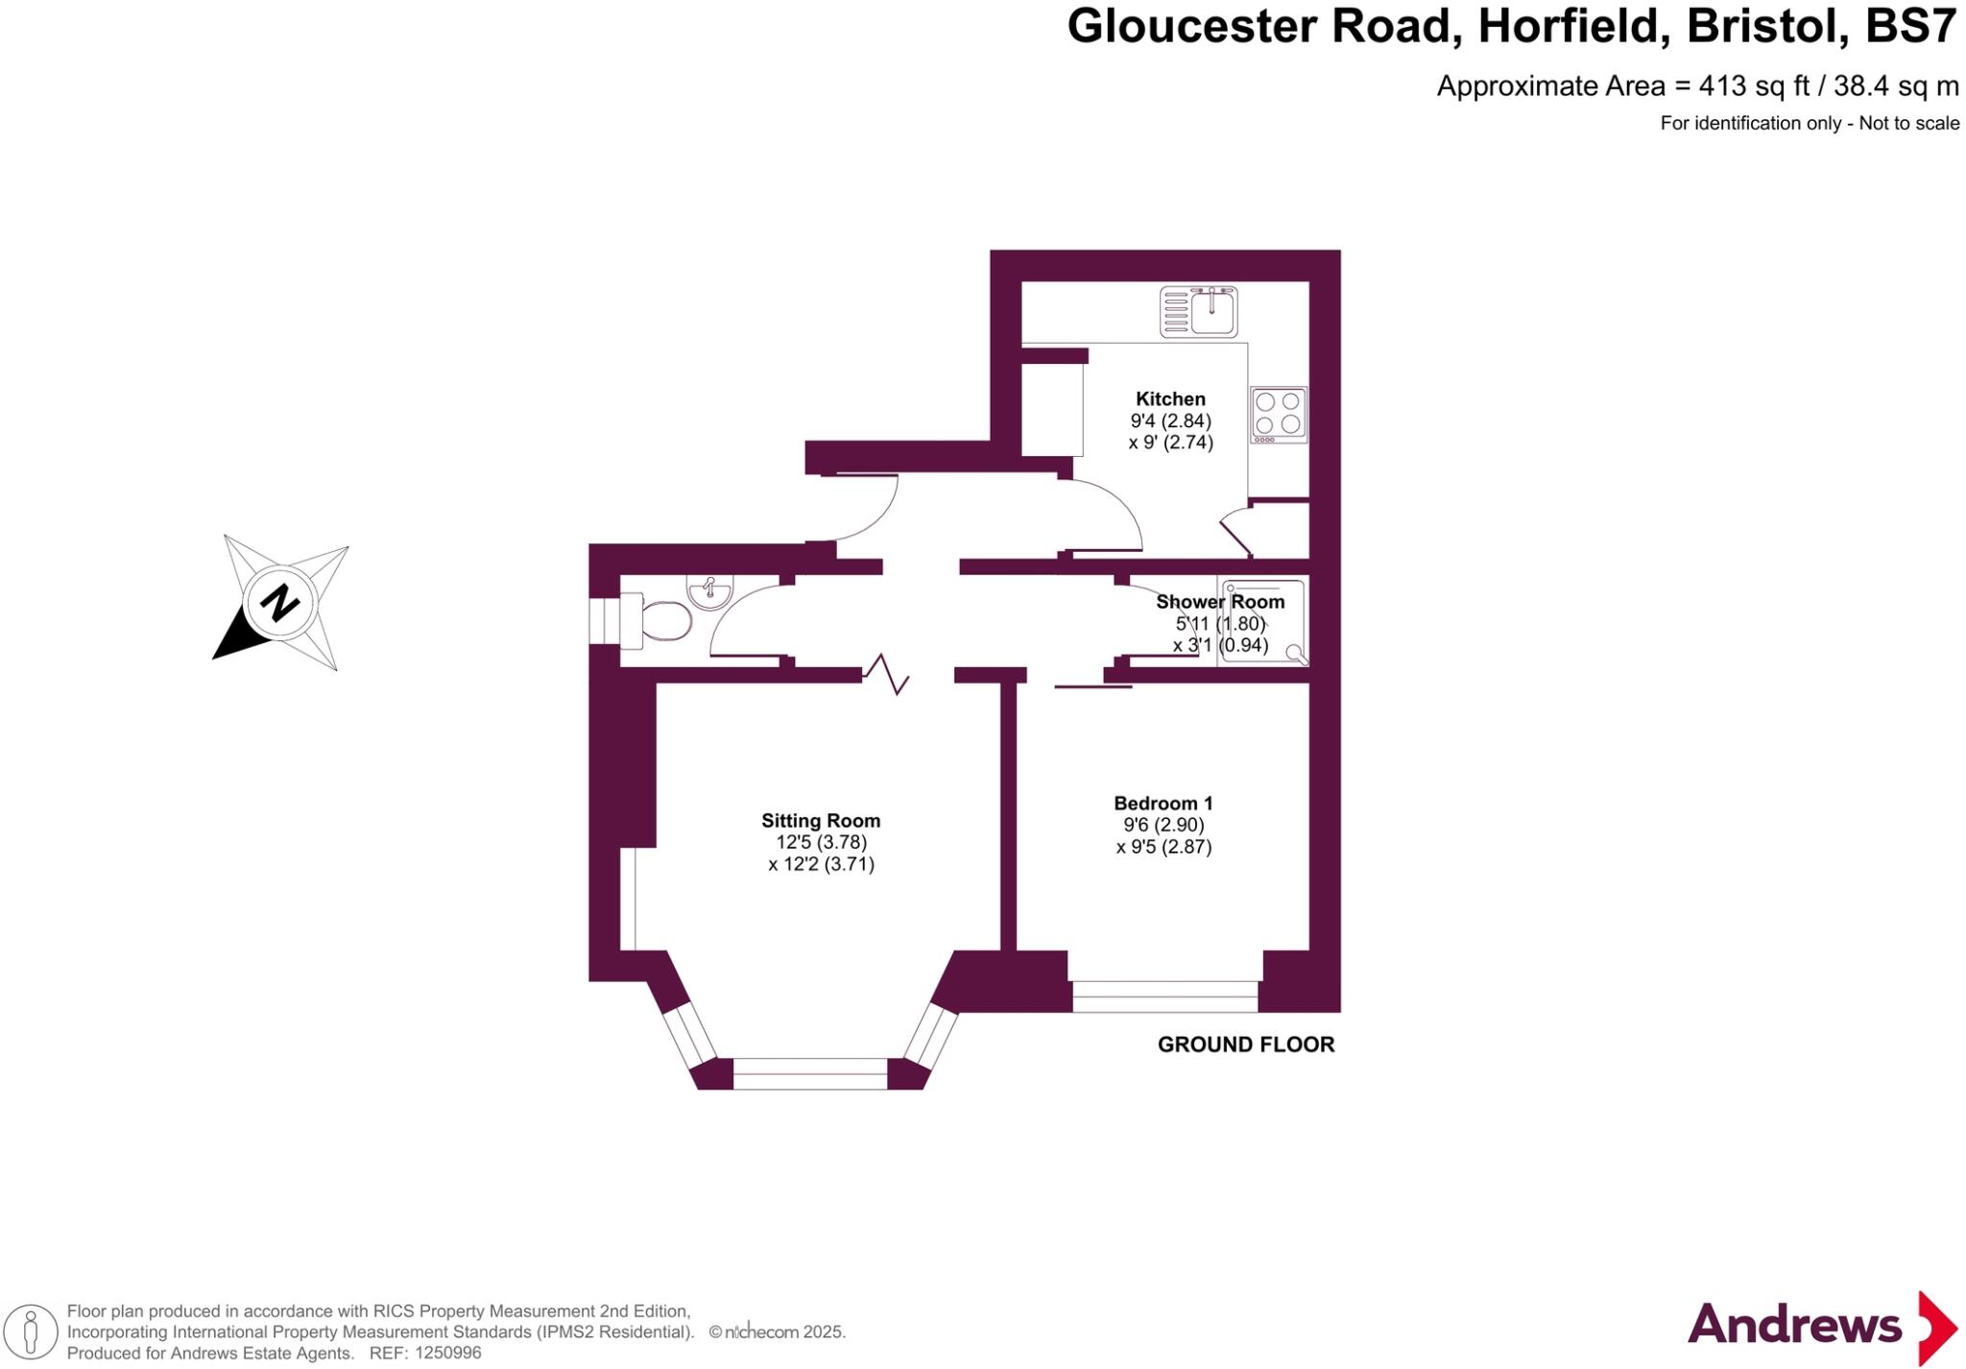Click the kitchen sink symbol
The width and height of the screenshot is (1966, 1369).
coord(1199,312)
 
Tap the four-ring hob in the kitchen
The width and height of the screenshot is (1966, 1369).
coord(1278,415)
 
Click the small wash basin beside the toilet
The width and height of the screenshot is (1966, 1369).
coord(709,591)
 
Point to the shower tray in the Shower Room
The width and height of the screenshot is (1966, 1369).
coord(1262,622)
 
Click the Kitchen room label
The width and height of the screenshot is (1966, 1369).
coord(1170,398)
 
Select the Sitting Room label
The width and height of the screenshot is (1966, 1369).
coord(821,821)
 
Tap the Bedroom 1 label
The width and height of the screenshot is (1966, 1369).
coord(1163,803)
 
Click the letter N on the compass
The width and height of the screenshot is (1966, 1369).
coord(279,603)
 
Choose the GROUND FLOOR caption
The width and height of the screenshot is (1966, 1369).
coord(1245,1045)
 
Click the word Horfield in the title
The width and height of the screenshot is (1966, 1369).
coord(1568,27)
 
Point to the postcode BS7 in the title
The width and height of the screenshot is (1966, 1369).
coord(1910,27)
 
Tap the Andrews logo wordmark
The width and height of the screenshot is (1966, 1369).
coord(1793,1325)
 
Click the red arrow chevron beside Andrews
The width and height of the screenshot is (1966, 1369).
coord(1936,1327)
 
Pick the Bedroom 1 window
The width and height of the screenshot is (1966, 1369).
coord(1164,996)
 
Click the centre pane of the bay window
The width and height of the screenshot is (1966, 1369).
coord(810,1073)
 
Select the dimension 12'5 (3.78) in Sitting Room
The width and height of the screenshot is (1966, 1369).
coord(821,842)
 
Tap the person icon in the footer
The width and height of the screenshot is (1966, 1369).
coord(31,1333)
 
